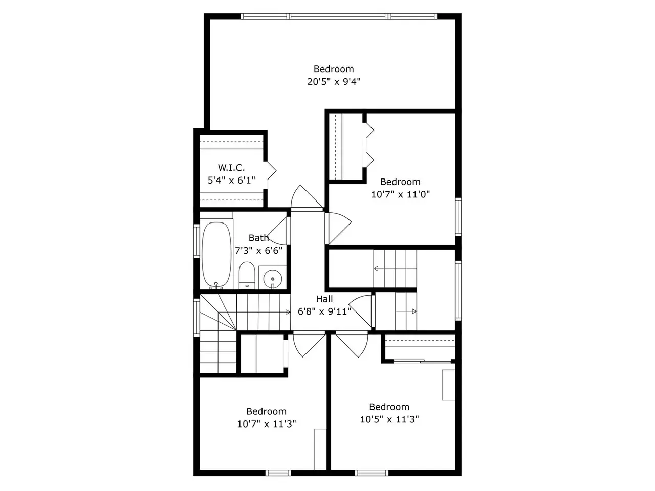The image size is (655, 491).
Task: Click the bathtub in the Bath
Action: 216,255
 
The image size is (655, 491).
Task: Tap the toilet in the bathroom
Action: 247,276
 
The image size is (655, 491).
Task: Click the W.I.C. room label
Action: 231,168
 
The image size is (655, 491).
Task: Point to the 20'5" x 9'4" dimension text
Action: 334,81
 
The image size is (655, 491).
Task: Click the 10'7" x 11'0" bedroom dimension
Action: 401,194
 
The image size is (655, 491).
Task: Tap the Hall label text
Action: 324,299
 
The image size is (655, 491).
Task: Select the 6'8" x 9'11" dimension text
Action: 324,311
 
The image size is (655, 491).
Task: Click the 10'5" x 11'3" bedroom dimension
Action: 389,419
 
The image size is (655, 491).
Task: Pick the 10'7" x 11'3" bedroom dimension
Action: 267,424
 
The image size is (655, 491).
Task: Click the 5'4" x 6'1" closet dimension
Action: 232,181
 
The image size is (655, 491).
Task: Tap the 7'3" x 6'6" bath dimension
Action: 259,251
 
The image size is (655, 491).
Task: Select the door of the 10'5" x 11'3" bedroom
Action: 352,345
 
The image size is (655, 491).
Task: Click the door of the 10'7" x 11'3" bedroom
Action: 309,345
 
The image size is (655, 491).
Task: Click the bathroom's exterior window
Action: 196,241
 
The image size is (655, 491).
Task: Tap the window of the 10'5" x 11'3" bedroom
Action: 372,473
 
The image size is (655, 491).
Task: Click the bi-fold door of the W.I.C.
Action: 271,171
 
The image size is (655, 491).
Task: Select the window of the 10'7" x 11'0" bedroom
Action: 458,217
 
